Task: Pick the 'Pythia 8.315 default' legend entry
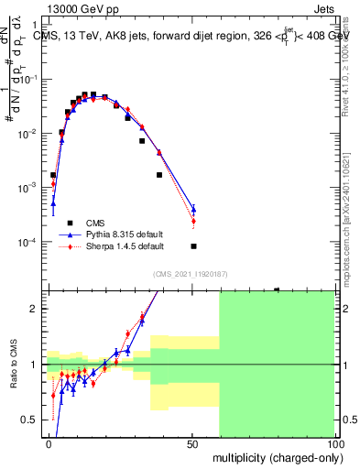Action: (114, 234)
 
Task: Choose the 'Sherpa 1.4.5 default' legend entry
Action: (114, 246)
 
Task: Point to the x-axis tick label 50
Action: (192, 442)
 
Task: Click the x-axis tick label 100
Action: (334, 442)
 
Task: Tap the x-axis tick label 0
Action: (49, 442)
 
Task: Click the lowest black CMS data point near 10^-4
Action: (193, 246)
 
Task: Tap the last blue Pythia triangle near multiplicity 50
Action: (193, 210)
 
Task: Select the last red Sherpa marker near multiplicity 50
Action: (193, 221)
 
